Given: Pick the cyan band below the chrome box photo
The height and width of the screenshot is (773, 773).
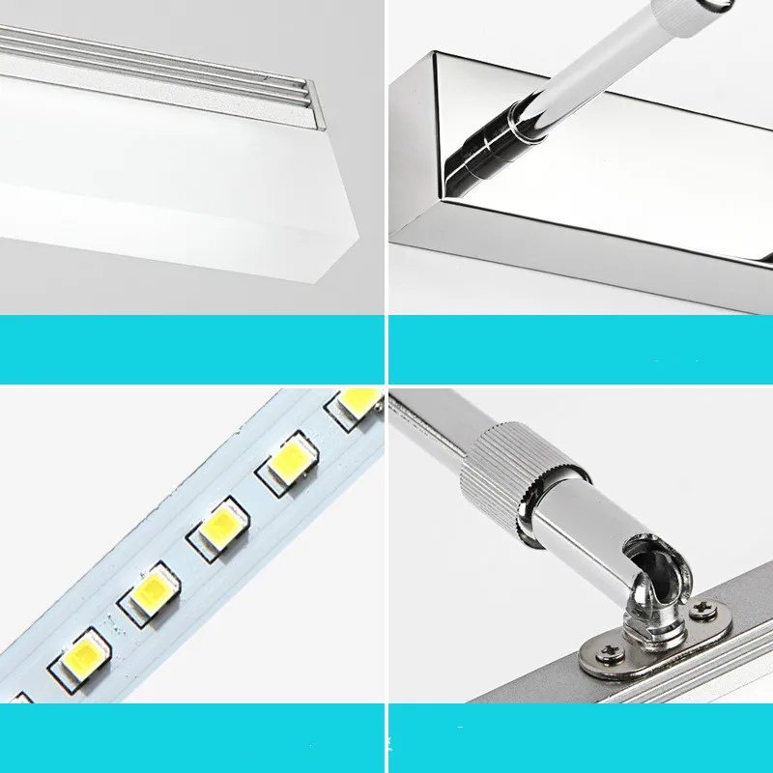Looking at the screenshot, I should tap(580, 348).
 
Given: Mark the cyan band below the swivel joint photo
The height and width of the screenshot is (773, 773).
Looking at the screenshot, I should tap(580, 736).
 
